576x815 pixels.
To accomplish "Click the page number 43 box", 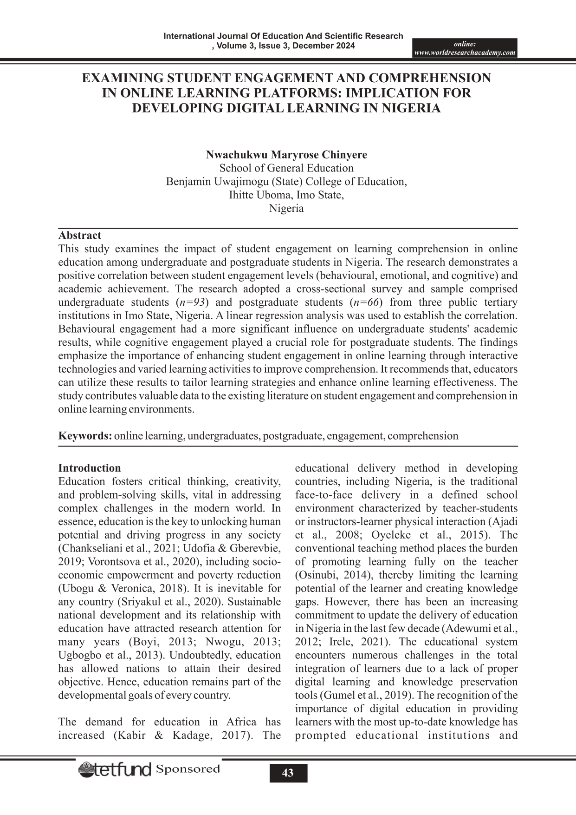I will point(288,773).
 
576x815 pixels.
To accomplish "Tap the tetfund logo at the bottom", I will point(115,770).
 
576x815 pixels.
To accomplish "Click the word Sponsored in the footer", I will point(188,769).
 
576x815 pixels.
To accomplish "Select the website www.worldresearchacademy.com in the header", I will point(465,53).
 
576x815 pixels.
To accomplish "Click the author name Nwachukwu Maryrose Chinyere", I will point(286,155).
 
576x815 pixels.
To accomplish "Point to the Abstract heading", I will point(79,235).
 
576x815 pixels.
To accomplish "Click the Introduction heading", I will point(89,468).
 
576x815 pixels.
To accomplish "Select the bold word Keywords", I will point(84,436).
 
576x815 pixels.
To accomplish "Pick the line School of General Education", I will point(286,168).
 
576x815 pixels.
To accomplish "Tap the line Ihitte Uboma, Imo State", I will point(286,195).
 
